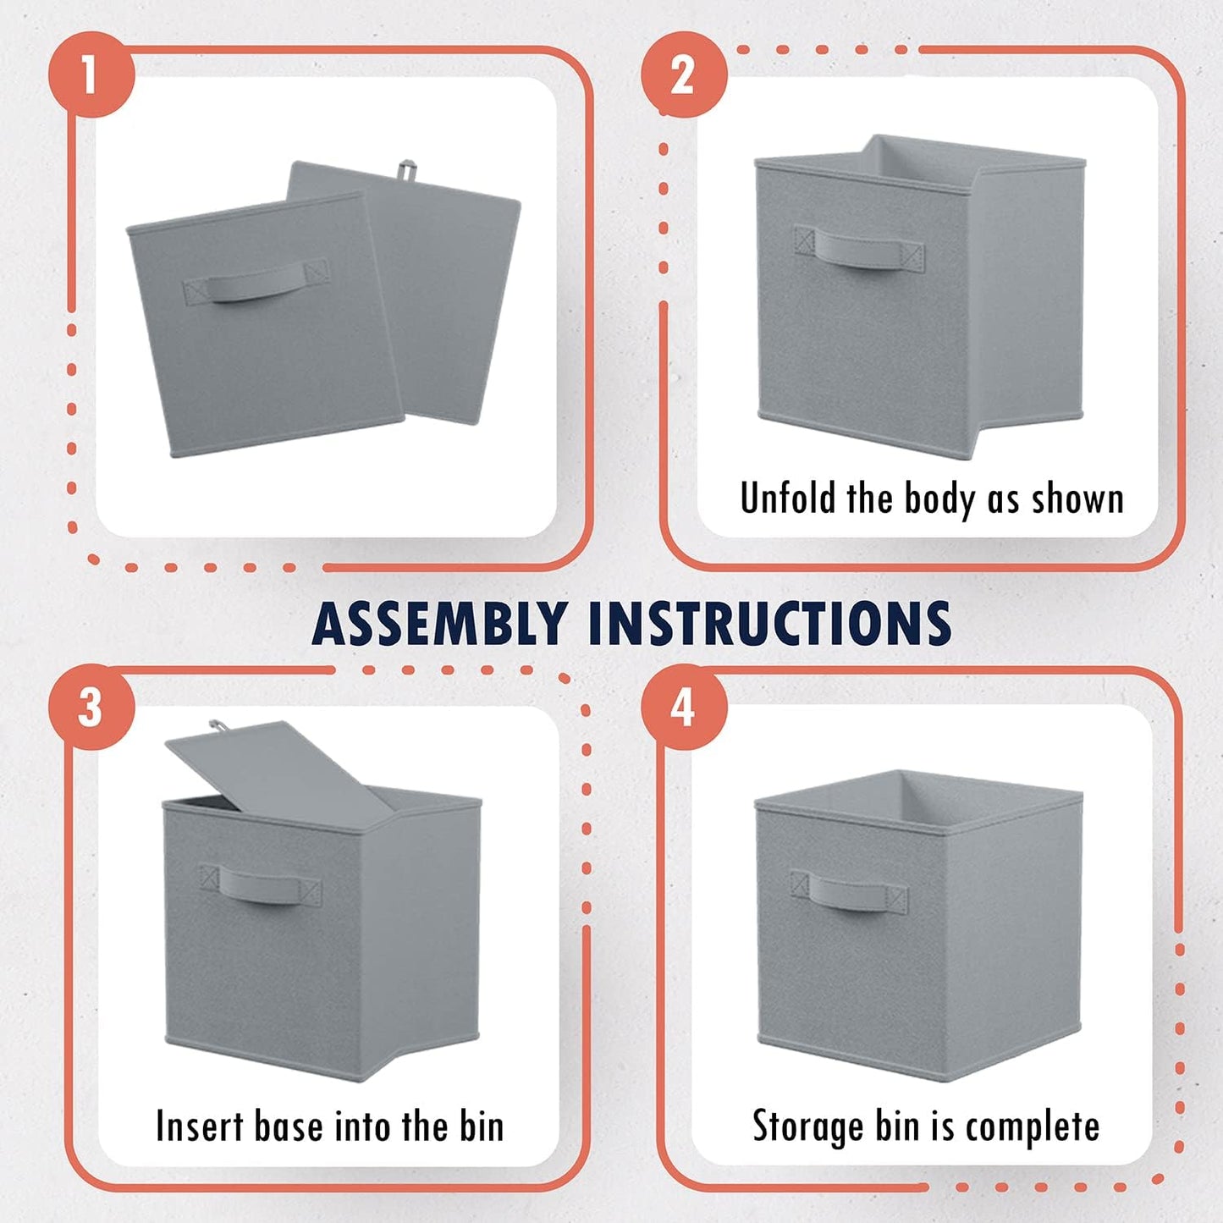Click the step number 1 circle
click(91, 74)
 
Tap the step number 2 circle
click(684, 74)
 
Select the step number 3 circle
click(91, 707)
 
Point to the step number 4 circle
click(684, 707)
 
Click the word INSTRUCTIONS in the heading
click(769, 625)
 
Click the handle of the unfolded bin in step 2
click(859, 249)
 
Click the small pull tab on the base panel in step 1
click(409, 169)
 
